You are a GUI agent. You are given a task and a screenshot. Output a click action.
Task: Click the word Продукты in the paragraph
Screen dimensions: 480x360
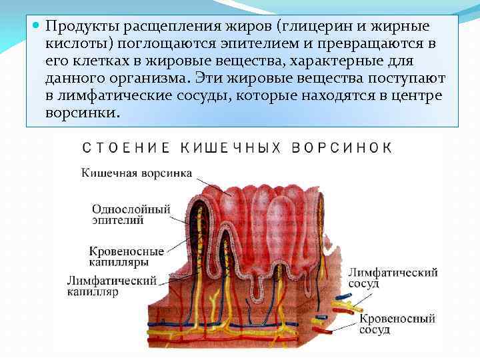[76, 27]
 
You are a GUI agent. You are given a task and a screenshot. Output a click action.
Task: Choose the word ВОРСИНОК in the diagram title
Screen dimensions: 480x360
[341, 147]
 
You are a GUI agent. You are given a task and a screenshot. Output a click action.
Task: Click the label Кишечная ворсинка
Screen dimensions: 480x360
[137, 173]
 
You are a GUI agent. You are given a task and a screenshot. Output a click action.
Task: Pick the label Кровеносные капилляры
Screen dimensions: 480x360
[127, 257]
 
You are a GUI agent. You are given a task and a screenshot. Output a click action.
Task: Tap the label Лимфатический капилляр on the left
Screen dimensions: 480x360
[111, 285]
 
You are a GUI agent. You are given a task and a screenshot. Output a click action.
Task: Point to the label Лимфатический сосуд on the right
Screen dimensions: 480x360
[393, 278]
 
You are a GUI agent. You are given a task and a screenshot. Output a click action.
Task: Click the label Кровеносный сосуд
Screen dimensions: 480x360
[397, 324]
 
